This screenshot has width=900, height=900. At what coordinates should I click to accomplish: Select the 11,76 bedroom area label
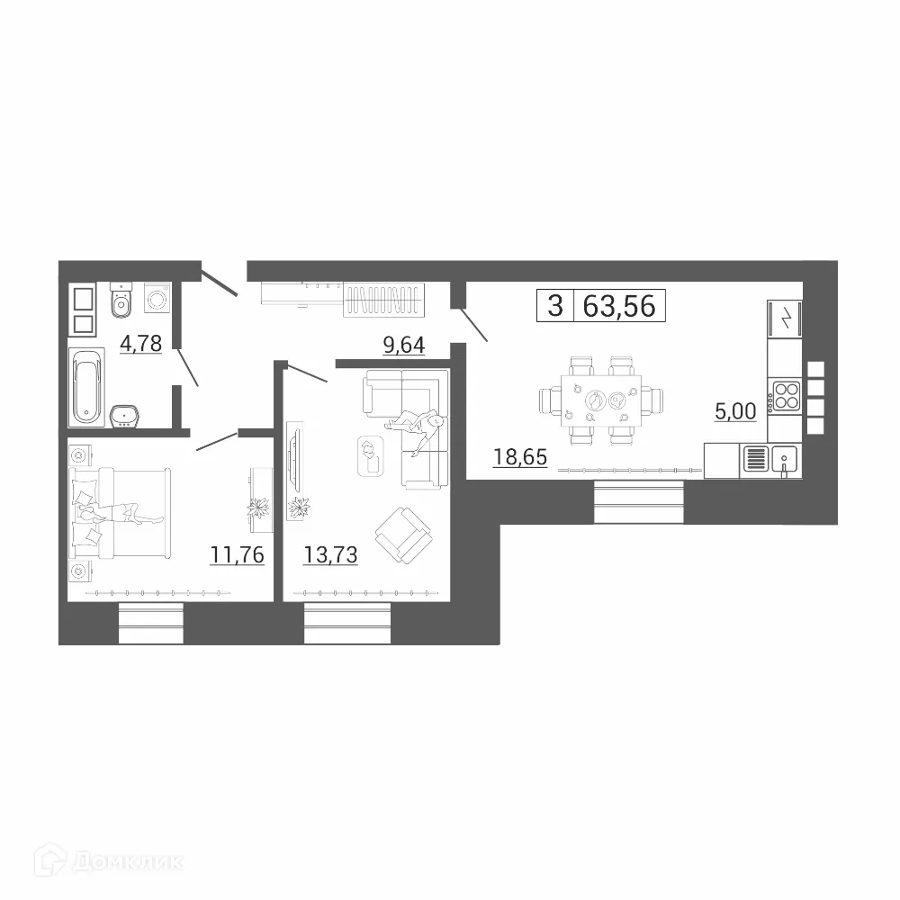click(x=238, y=554)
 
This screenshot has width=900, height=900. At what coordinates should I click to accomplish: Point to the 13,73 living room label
click(x=331, y=554)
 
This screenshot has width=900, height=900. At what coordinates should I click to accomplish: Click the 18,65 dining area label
click(x=520, y=457)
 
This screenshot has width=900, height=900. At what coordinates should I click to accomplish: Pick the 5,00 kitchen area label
click(x=735, y=410)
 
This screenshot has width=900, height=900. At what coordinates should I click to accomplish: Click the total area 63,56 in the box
click(x=621, y=306)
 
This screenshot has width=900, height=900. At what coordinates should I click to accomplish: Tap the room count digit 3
click(x=555, y=306)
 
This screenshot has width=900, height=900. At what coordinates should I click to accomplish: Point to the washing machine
click(x=157, y=297)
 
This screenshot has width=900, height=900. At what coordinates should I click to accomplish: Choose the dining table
click(x=599, y=401)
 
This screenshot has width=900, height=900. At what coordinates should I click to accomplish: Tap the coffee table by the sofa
click(x=370, y=455)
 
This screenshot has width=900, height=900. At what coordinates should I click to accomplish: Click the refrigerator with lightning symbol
click(x=784, y=319)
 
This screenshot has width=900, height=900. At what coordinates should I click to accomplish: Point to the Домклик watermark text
click(x=126, y=862)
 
